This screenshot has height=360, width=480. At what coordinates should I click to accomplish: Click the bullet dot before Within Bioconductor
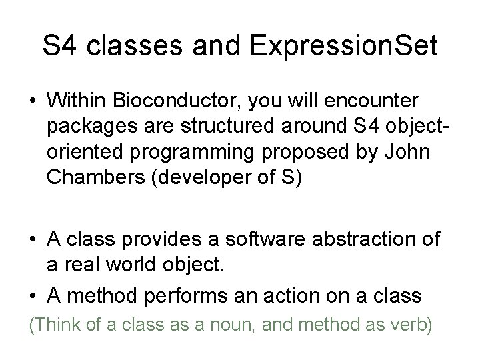tap(31, 101)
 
